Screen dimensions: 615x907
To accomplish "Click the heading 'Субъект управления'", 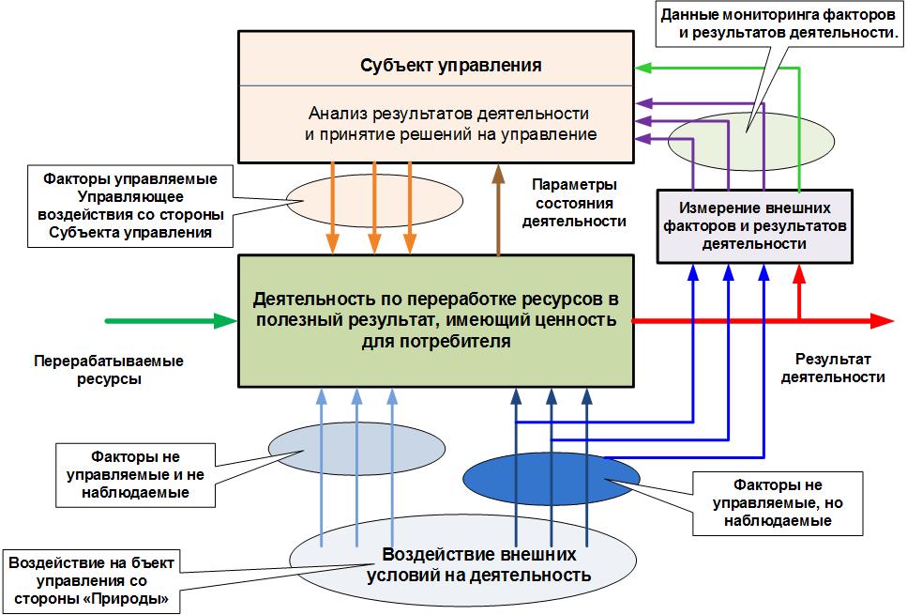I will [451, 66].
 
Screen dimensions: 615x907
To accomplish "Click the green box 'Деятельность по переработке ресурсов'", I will [434, 320].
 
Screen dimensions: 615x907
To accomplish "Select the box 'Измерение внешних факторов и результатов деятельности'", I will [754, 225].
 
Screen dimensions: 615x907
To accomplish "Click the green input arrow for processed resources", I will [169, 321].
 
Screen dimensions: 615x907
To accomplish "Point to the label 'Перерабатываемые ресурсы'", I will [109, 370].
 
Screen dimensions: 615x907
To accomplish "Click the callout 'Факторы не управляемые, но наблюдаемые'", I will [778, 502].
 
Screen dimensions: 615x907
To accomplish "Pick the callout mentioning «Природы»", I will [91, 579].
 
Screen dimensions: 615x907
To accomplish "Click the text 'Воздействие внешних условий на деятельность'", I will [486, 564].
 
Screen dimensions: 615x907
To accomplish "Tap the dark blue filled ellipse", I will [551, 476].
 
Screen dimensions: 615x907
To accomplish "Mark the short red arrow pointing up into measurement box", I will [799, 290].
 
